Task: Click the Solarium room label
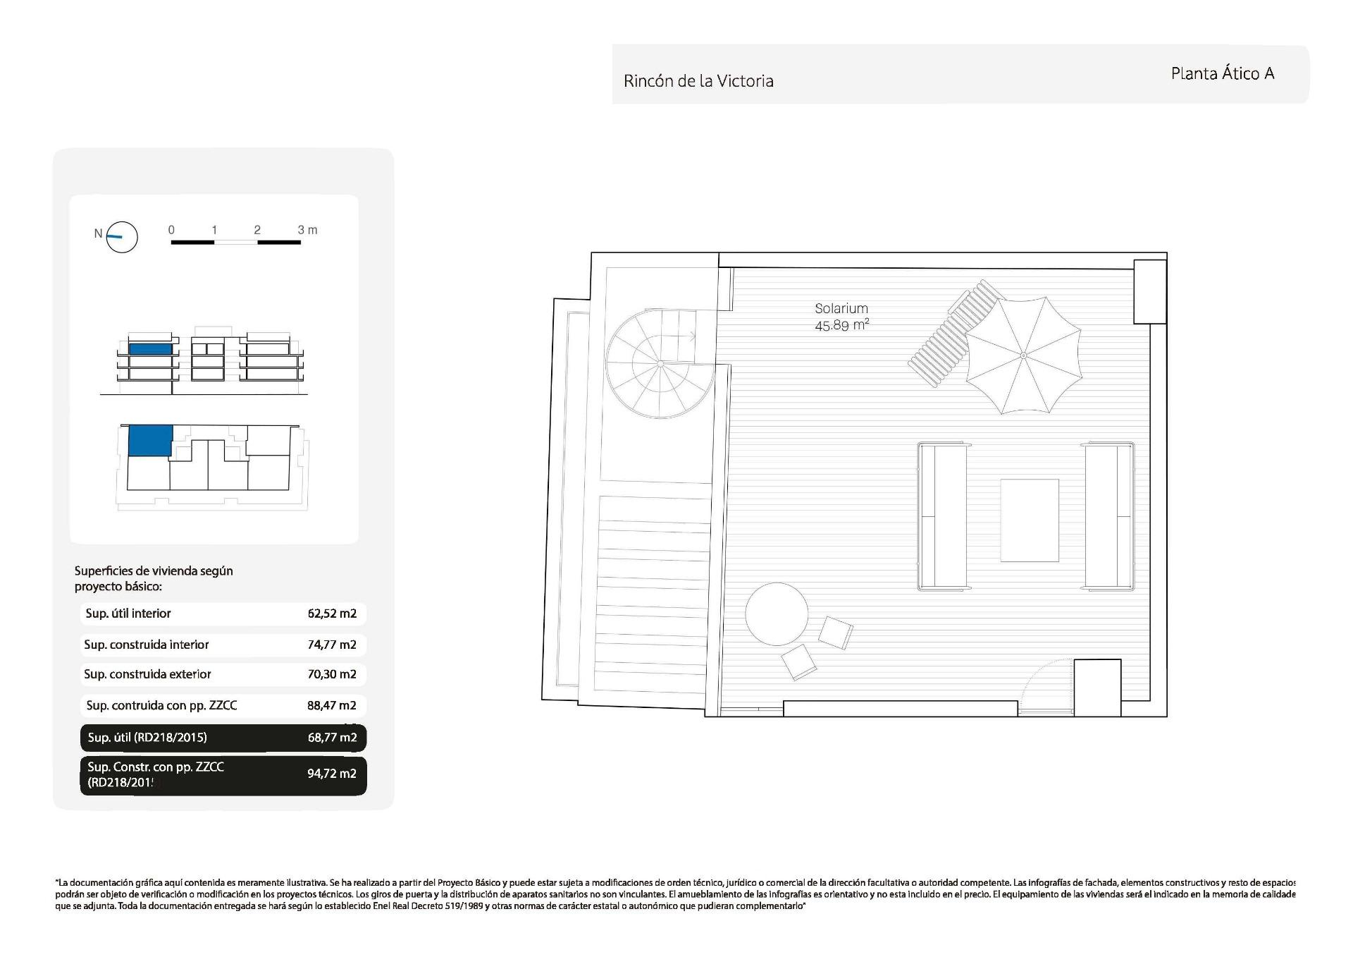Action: click(x=841, y=308)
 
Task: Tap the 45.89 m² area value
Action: click(x=841, y=325)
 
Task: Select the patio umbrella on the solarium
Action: click(x=1023, y=355)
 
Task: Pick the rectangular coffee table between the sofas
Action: click(x=1029, y=520)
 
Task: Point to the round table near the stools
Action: click(x=777, y=614)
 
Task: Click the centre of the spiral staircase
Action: click(x=660, y=362)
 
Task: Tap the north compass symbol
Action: click(x=121, y=237)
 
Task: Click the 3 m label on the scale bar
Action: click(x=307, y=230)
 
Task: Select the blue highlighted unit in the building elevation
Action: click(x=150, y=348)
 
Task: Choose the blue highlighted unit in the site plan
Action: click(x=150, y=440)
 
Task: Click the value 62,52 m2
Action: click(x=332, y=614)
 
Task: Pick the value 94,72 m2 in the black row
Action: click(x=332, y=774)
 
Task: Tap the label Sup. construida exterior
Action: click(x=147, y=674)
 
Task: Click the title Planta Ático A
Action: click(x=1222, y=73)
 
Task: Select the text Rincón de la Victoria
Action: click(x=698, y=81)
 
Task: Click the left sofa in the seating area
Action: click(x=941, y=516)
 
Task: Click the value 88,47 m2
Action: click(x=332, y=705)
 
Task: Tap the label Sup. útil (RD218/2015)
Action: click(x=147, y=738)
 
